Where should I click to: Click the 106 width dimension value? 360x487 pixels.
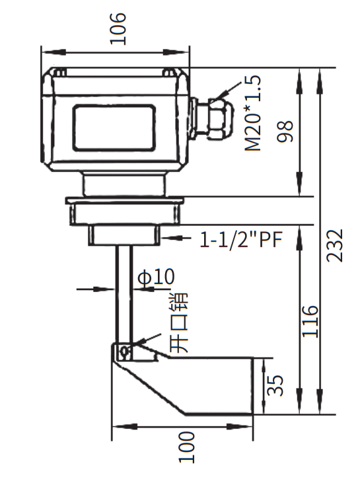[x=118, y=28]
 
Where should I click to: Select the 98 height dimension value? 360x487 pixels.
[x=285, y=131]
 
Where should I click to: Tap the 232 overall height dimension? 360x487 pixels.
[x=335, y=245]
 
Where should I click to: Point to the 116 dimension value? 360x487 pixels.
[x=310, y=321]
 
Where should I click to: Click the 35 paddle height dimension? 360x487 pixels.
[x=275, y=385]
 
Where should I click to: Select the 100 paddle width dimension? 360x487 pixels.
[x=186, y=447]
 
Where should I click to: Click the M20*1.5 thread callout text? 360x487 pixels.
[x=253, y=114]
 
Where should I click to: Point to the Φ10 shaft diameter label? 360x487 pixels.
[x=157, y=276]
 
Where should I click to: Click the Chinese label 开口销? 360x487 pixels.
[x=180, y=322]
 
